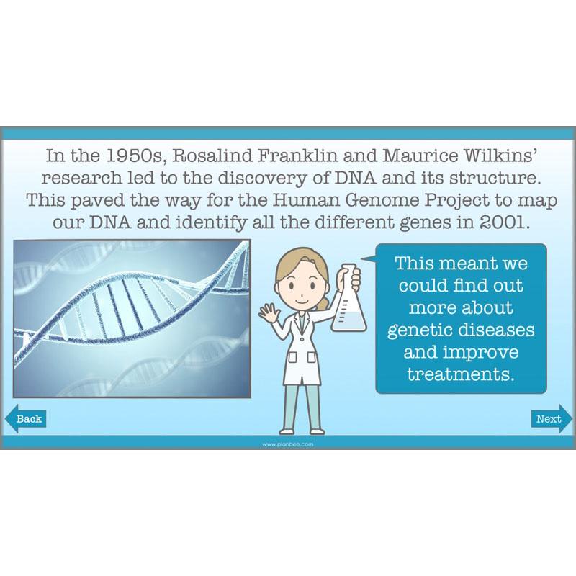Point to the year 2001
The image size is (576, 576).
pyautogui.click(x=497, y=222)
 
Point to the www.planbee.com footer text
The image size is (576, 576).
pyautogui.click(x=288, y=444)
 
